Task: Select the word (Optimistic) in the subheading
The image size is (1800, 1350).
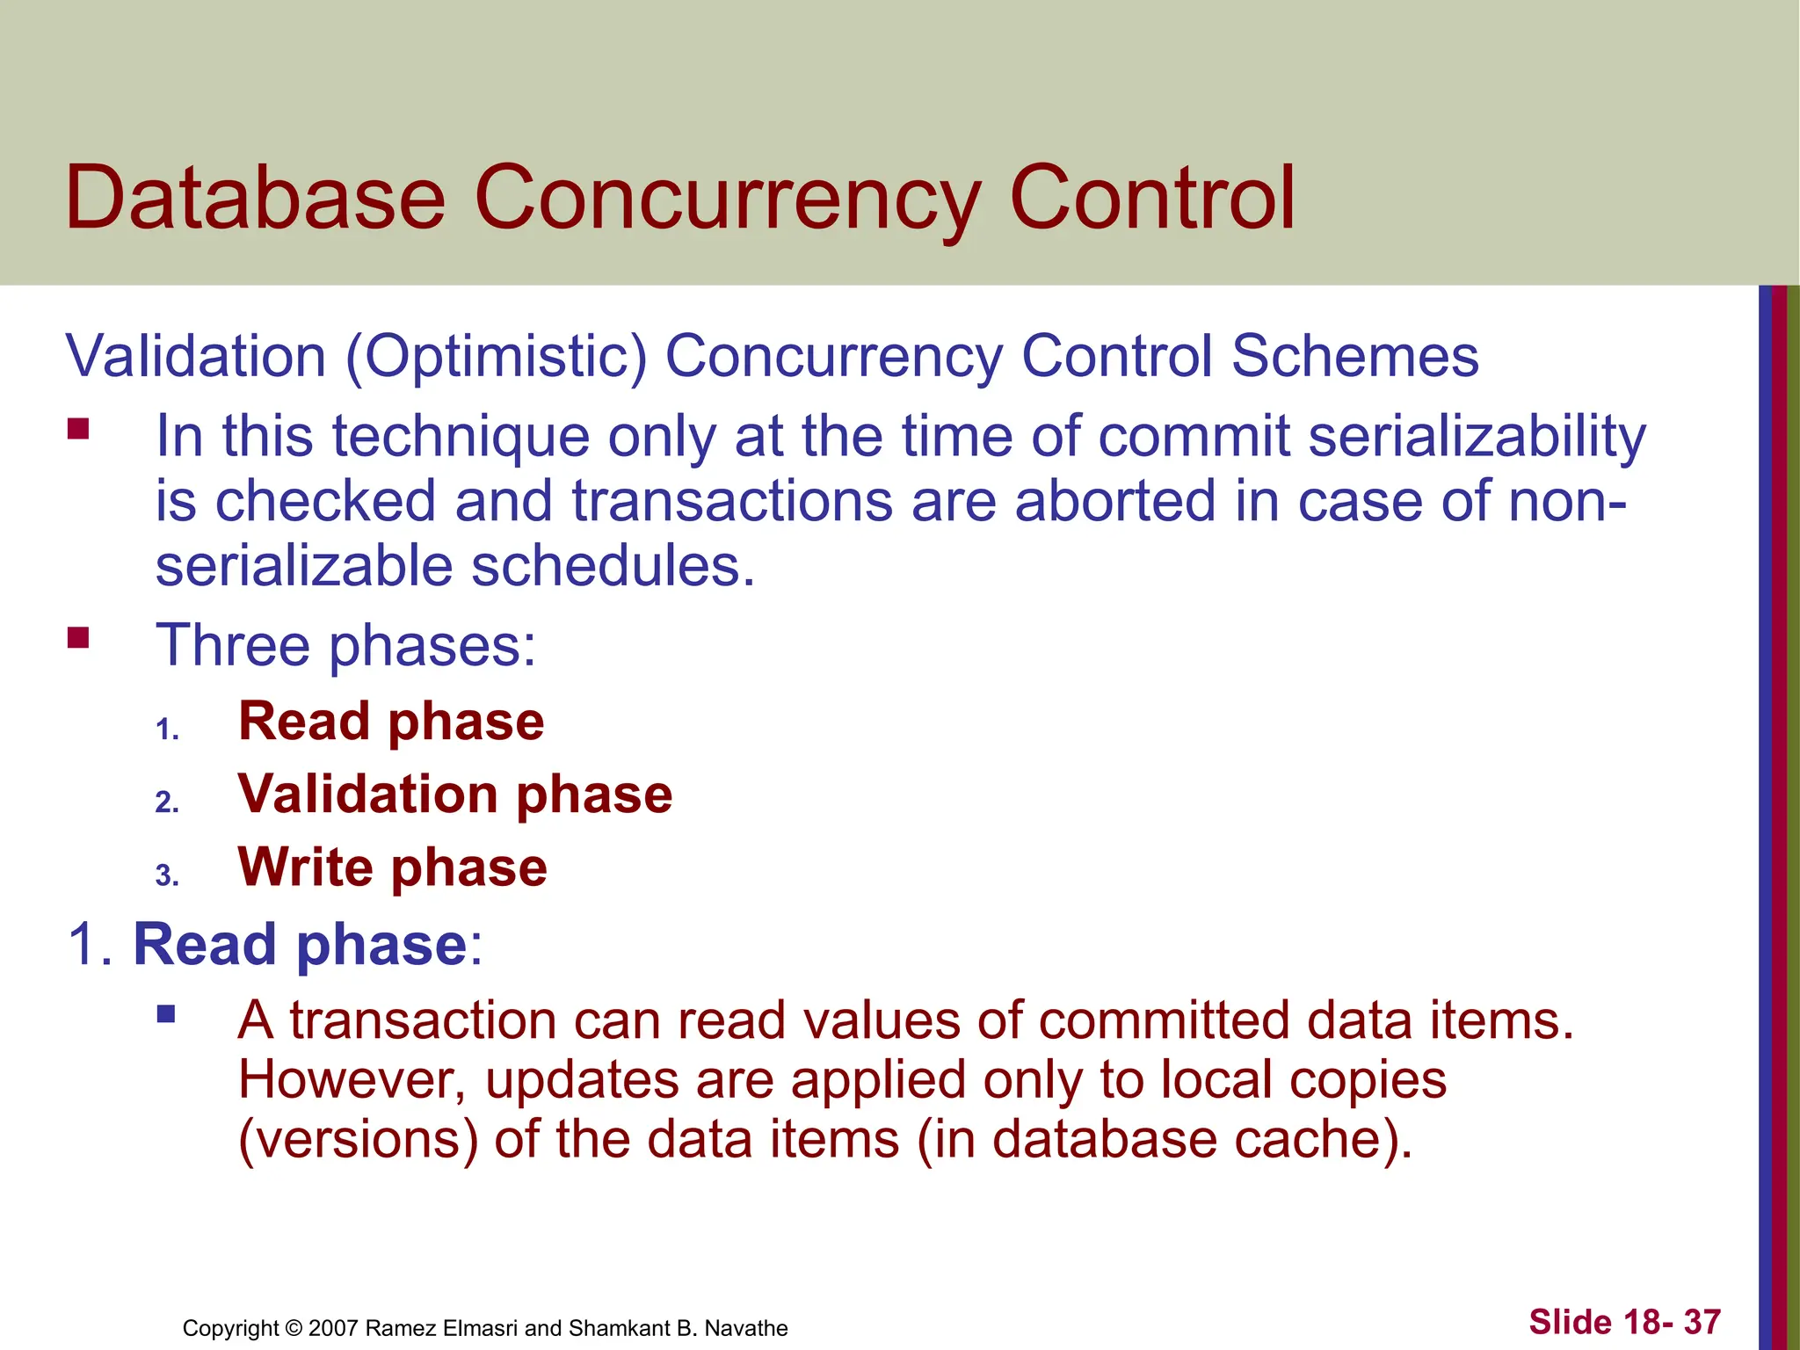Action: [x=497, y=357]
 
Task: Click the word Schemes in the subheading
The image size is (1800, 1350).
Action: [x=1354, y=357]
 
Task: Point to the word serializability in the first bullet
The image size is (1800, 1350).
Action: [x=1477, y=437]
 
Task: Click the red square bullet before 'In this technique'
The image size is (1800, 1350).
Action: [x=78, y=429]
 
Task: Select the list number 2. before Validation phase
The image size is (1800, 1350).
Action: [x=167, y=802]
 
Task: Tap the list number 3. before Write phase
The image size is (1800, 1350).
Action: [x=167, y=875]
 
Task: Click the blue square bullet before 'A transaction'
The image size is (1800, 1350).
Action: [x=166, y=1015]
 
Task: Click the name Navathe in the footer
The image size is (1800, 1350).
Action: [x=746, y=1328]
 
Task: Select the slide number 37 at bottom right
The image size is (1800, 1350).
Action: [x=1702, y=1322]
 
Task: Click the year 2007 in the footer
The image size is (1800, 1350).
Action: [x=333, y=1328]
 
